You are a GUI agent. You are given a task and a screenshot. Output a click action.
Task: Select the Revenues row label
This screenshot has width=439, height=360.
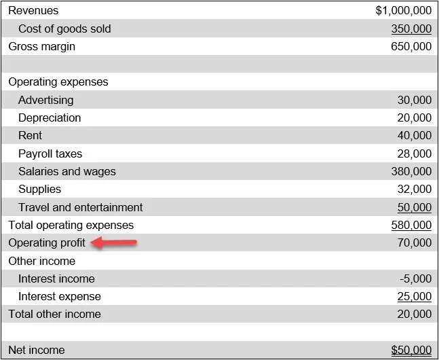pyautogui.click(x=33, y=11)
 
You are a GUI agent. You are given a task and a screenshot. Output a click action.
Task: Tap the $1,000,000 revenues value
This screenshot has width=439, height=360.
pyautogui.click(x=403, y=11)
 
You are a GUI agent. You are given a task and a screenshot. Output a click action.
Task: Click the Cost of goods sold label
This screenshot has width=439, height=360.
pyautogui.click(x=64, y=29)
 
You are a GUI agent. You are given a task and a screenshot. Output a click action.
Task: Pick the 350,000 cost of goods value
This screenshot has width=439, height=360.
pyautogui.click(x=411, y=29)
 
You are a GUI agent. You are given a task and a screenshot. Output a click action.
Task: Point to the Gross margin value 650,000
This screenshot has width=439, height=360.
pyautogui.click(x=411, y=47)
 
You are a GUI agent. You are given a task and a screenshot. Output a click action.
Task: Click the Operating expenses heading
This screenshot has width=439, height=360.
pyautogui.click(x=58, y=82)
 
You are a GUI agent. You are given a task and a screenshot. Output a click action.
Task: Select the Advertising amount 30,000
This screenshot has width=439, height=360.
pyautogui.click(x=414, y=100)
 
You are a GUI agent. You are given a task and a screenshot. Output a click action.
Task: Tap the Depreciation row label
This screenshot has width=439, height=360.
pyautogui.click(x=50, y=118)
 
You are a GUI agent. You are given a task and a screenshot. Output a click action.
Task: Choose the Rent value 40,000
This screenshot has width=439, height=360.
pyautogui.click(x=414, y=136)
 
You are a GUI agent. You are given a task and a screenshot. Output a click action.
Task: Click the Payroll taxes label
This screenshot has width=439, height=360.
pyautogui.click(x=50, y=154)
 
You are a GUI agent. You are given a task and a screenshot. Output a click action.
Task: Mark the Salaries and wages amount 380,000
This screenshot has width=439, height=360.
pyautogui.click(x=411, y=171)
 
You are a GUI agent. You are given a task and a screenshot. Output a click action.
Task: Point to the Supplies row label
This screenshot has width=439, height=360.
pyautogui.click(x=39, y=189)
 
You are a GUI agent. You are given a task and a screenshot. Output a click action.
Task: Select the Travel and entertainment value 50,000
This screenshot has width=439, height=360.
pyautogui.click(x=414, y=207)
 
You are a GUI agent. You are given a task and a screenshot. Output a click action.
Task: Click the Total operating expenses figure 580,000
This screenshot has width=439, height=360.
pyautogui.click(x=411, y=225)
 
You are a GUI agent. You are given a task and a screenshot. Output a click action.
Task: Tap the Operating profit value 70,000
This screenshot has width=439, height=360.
pyautogui.click(x=414, y=242)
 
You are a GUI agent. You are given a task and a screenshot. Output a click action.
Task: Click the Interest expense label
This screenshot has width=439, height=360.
pyautogui.click(x=60, y=296)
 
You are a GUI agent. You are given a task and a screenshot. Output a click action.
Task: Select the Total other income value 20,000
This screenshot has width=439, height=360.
pyautogui.click(x=414, y=314)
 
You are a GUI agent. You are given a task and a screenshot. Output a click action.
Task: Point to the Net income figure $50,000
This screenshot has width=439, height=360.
pyautogui.click(x=411, y=350)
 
